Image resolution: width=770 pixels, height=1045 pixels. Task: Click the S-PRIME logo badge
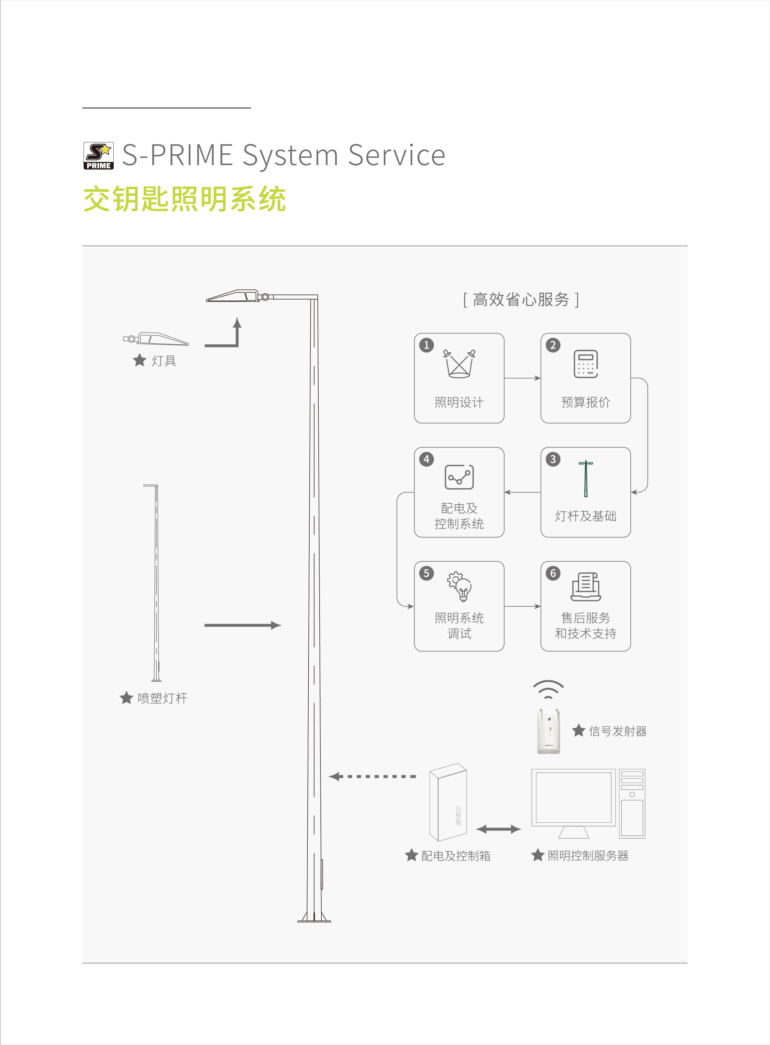[x=98, y=156]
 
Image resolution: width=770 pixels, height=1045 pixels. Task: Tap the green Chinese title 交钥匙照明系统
[x=184, y=199]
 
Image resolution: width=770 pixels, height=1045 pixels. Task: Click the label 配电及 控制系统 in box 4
[x=459, y=516]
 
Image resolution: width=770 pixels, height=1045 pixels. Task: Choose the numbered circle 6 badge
[x=553, y=573]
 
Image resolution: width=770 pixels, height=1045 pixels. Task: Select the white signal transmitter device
[x=548, y=731]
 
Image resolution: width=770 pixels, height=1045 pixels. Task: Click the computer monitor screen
[x=573, y=797]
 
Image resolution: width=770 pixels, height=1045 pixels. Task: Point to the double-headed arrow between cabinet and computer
[x=498, y=829]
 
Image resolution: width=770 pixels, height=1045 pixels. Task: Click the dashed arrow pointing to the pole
[x=373, y=777]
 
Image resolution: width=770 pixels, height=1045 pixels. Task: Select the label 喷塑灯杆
[x=162, y=698]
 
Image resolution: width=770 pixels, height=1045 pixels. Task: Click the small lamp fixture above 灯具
[x=156, y=339]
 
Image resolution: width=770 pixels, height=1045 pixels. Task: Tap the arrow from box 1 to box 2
[x=522, y=378]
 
